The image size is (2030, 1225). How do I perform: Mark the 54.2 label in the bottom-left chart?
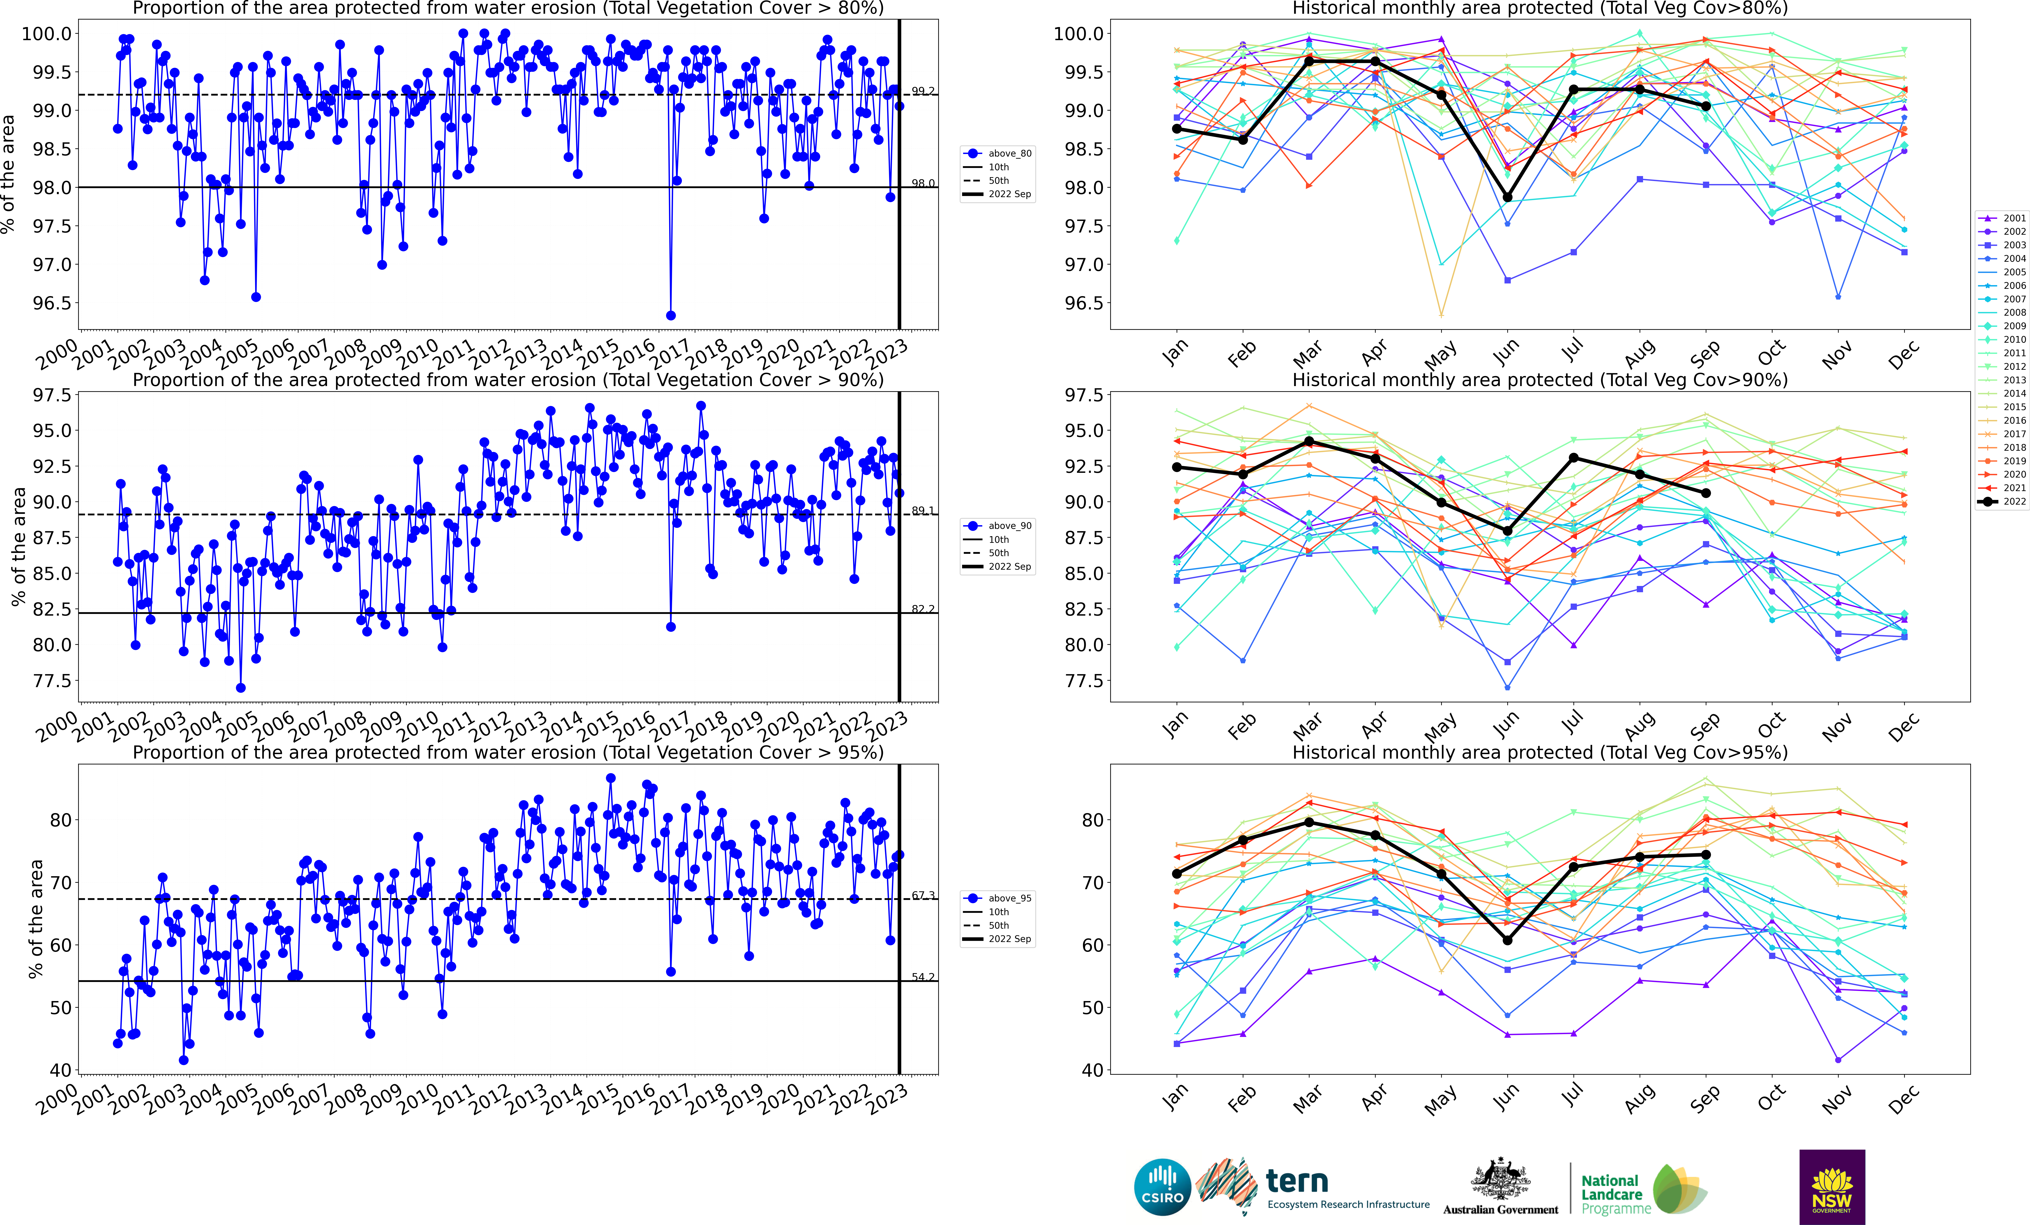pyautogui.click(x=923, y=977)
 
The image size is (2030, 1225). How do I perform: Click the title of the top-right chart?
pyautogui.click(x=1539, y=8)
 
